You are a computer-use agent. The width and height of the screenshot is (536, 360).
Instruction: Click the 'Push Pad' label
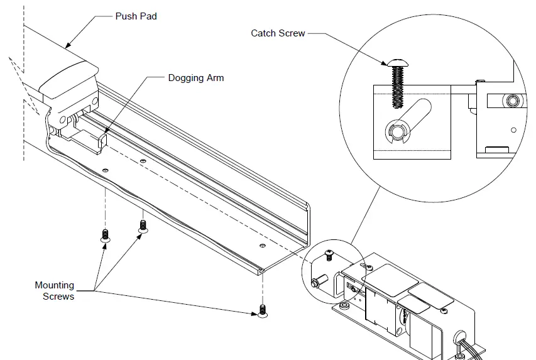136,16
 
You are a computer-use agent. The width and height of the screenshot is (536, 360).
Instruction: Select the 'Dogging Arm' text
195,78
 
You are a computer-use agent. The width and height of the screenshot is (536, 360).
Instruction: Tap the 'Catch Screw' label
278,33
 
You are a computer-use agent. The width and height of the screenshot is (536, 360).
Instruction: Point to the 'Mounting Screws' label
55,290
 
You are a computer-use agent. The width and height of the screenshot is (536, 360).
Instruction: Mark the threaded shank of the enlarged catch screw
398,88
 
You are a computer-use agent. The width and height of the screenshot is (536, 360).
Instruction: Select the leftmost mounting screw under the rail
105,236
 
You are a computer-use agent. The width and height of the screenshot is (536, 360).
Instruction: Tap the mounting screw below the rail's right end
262,310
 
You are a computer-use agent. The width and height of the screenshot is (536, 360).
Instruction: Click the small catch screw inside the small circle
328,254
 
